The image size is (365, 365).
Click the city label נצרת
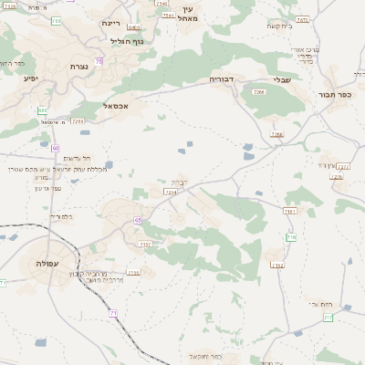pyautogui.click(x=77, y=67)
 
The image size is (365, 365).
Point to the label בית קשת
pyautogui.click(x=279, y=26)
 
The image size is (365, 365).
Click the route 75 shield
pyautogui.click(x=99, y=61)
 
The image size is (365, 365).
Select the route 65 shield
pyautogui.click(x=137, y=220)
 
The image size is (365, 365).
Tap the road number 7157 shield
pyautogui.click(x=146, y=244)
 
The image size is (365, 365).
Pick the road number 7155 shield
pyautogui.click(x=134, y=272)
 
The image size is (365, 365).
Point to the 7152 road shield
pyautogui.click(x=277, y=266)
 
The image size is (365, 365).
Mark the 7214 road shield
pyautogui.click(x=171, y=193)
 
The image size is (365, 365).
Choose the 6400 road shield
pyautogui.click(x=134, y=28)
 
